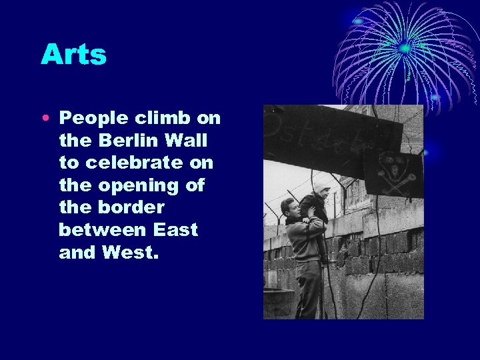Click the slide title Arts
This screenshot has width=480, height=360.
[73, 54]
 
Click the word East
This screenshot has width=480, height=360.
[177, 230]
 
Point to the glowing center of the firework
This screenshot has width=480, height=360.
[404, 48]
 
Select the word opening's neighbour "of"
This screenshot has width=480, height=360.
[194, 185]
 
